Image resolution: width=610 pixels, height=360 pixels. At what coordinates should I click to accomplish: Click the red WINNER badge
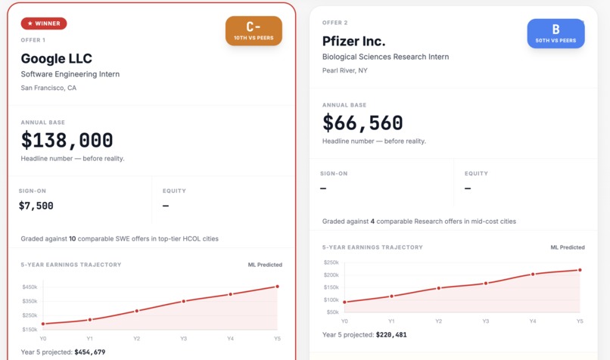44,23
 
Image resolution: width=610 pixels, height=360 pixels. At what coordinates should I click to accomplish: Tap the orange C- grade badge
254,31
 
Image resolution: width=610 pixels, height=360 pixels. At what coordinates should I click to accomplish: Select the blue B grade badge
556,33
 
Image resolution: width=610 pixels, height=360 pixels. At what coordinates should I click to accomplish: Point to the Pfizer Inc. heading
353,41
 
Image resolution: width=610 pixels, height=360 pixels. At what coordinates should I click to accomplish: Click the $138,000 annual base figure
67,140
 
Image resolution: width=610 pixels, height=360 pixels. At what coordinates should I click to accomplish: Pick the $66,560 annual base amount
363,123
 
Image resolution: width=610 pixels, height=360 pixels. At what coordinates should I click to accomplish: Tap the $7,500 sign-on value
36,206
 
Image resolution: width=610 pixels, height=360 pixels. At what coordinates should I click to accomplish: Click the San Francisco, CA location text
48,88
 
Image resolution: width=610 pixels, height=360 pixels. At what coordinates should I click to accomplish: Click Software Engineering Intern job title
70,74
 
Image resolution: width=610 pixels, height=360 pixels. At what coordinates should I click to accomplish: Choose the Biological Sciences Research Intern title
385,57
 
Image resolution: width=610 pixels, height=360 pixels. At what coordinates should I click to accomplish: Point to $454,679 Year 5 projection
89,352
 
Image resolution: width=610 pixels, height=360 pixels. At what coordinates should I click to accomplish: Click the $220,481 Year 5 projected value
391,334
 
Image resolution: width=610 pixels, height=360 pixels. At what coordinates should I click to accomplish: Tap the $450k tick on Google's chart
30,287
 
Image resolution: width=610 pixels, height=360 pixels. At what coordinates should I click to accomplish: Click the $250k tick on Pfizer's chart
331,262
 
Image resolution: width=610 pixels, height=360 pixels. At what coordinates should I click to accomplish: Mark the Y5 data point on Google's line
277,287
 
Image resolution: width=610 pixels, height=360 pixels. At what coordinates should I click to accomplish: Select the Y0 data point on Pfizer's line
345,303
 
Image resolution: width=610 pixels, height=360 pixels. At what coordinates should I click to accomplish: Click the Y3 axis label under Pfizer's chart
486,321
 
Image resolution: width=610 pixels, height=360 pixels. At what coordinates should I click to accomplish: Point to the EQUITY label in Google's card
174,191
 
